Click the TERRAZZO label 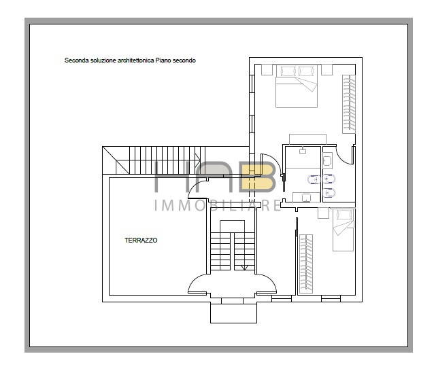click(141, 241)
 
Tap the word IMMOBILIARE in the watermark click(218, 206)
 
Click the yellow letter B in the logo click(258, 178)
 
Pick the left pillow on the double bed click(288, 71)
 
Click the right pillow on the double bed click(306, 71)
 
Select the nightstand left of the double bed click(267, 70)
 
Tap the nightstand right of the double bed click(326, 70)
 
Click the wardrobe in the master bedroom click(349, 104)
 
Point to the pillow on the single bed click(344, 215)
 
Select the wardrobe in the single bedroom click(306, 264)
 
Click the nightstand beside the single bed click(323, 213)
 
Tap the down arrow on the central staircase click(244, 267)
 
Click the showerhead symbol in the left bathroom click(303, 151)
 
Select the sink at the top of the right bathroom click(328, 160)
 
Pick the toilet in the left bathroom click(314, 180)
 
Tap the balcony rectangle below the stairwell click(233, 313)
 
